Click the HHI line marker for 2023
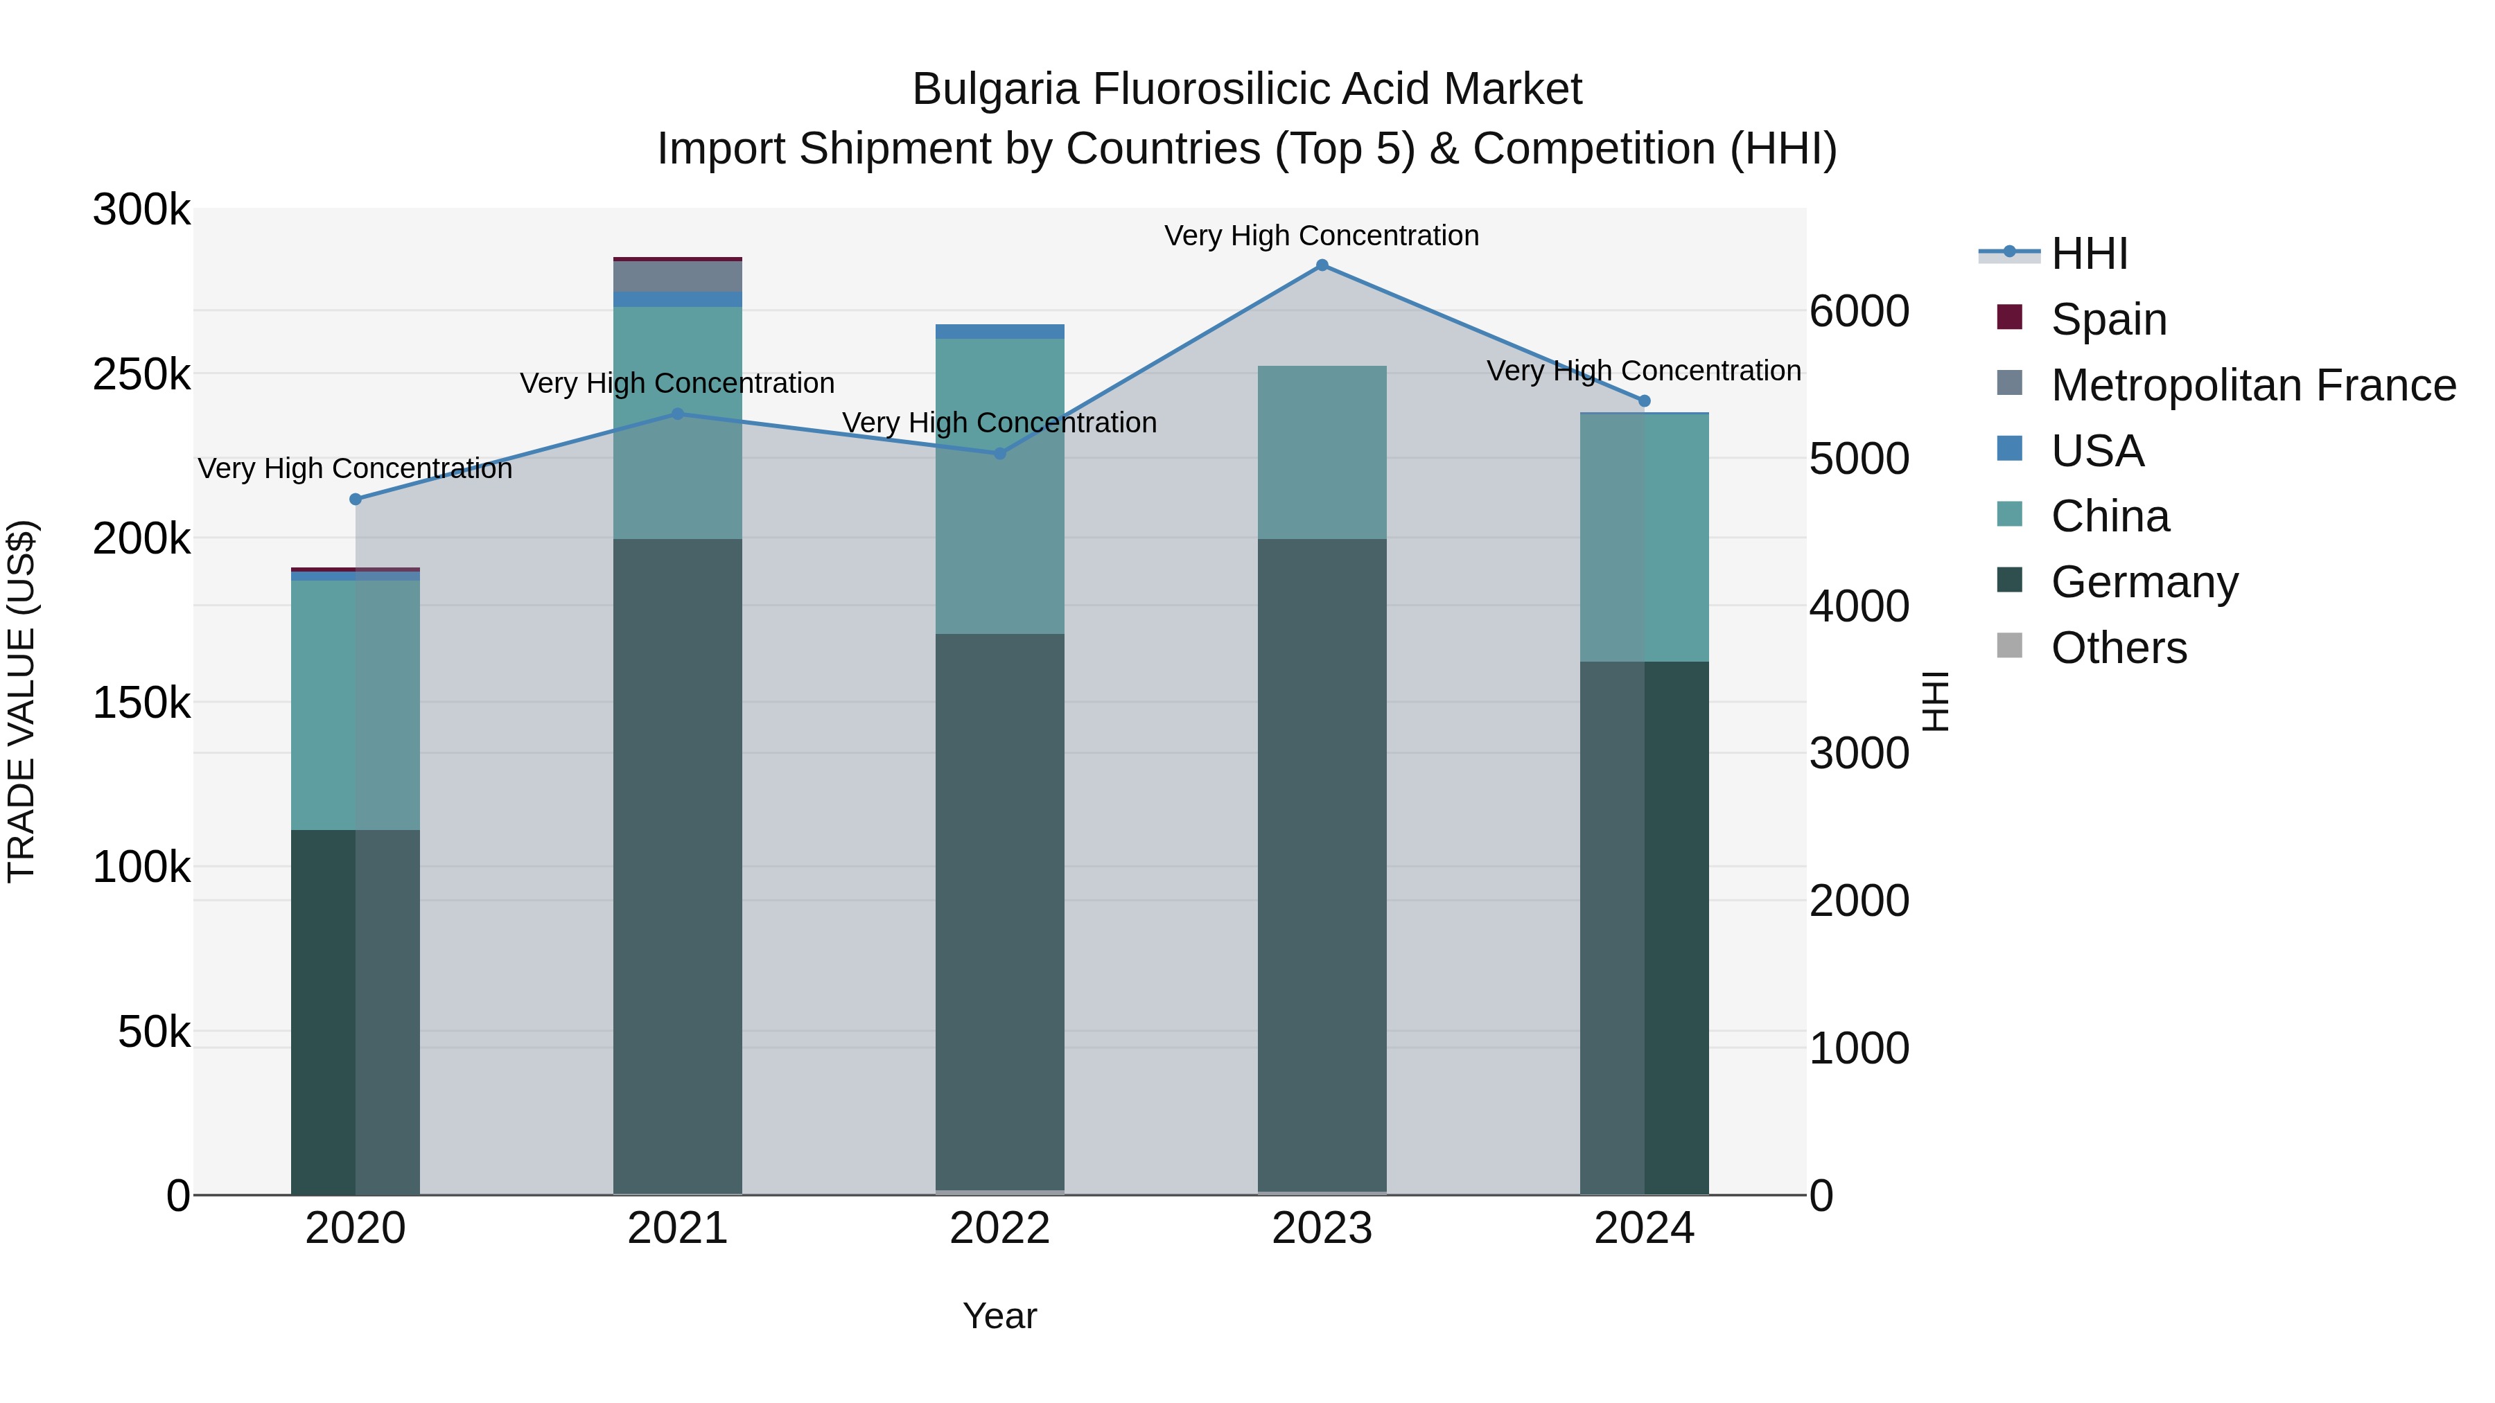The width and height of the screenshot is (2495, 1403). pos(1322,265)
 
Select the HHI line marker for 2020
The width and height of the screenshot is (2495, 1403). pos(356,500)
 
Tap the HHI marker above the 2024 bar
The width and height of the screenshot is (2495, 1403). pos(1644,401)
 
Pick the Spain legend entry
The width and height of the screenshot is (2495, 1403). pos(2108,319)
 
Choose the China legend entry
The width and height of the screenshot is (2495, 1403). pos(2110,516)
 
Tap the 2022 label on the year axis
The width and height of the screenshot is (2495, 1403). pos(999,1228)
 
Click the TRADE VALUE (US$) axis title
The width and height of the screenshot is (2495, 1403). pos(21,701)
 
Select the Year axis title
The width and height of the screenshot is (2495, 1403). pos(999,1316)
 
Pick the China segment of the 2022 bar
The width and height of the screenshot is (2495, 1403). pos(999,486)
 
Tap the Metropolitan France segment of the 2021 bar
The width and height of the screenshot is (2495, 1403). pos(677,276)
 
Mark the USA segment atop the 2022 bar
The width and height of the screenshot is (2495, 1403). pos(999,331)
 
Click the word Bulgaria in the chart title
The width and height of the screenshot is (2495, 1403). pos(995,89)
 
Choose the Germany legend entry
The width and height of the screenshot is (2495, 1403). pos(2144,582)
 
